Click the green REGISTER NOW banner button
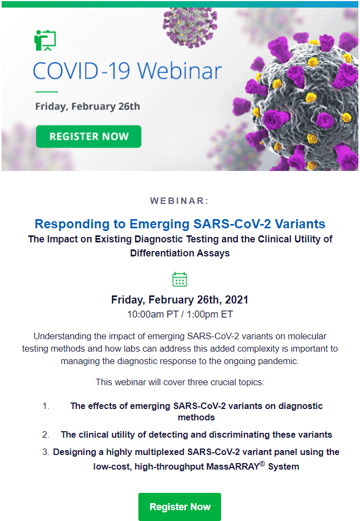pyautogui.click(x=89, y=136)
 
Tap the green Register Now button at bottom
pyautogui.click(x=179, y=507)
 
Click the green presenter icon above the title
pyautogui.click(x=45, y=41)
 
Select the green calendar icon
pyautogui.click(x=179, y=279)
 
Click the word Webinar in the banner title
pyautogui.click(x=179, y=71)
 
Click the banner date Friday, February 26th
pyautogui.click(x=88, y=107)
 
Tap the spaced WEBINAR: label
pyautogui.click(x=179, y=201)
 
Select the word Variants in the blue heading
pyautogui.click(x=300, y=224)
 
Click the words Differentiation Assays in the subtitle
pyautogui.click(x=179, y=253)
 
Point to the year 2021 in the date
pyautogui.click(x=236, y=300)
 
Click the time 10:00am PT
pyautogui.click(x=153, y=314)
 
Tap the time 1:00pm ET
pyautogui.click(x=210, y=314)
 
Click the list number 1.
pyautogui.click(x=46, y=406)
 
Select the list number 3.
pyautogui.click(x=45, y=452)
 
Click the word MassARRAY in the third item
pyautogui.click(x=232, y=466)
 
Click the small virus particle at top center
pyautogui.click(x=190, y=27)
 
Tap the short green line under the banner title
pyautogui.click(x=47, y=92)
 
